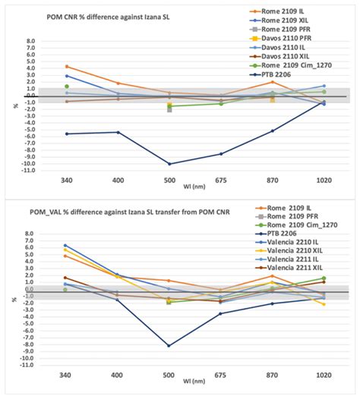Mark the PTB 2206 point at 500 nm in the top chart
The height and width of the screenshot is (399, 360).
[169, 164]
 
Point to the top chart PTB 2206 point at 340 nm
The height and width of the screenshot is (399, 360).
[67, 134]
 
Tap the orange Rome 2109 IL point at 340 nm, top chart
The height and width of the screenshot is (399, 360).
[67, 67]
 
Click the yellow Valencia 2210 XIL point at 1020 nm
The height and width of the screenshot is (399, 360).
[324, 304]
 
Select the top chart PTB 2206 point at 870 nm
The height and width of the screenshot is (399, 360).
[273, 130]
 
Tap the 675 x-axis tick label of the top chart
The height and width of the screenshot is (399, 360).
[221, 183]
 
